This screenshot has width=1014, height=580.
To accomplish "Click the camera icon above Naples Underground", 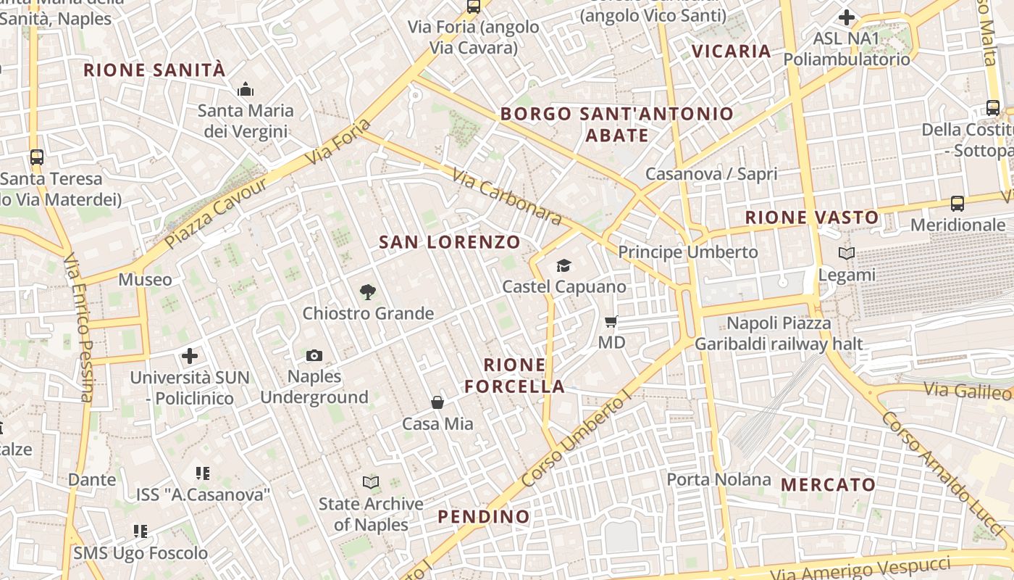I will (314, 355).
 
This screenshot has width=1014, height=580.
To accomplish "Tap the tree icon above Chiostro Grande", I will (368, 292).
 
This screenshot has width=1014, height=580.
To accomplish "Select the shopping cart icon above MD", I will (611, 321).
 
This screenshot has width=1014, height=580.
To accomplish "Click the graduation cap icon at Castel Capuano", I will (564, 265).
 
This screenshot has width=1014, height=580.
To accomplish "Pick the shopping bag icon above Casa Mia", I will (437, 402).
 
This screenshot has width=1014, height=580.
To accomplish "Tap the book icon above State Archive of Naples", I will (371, 482).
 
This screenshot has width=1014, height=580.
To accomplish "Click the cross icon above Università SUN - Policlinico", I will (190, 356).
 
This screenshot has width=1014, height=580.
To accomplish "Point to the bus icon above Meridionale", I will (958, 204).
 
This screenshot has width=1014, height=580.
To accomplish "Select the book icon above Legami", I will (846, 254).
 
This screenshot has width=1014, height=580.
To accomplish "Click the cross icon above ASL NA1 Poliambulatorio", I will (846, 17).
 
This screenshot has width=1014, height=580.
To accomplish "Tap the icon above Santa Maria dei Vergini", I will (246, 90).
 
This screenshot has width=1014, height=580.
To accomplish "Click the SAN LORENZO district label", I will (450, 242).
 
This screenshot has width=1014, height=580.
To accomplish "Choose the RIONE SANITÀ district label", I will (154, 70).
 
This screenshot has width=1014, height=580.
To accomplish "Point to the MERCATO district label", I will (829, 484).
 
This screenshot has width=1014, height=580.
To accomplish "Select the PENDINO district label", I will (484, 517).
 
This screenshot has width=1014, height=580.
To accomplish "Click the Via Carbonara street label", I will (506, 196).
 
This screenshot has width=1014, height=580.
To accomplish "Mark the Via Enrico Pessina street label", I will (79, 326).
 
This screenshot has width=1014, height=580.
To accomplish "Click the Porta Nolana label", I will (718, 479).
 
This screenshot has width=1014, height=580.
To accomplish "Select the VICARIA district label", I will (732, 51).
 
